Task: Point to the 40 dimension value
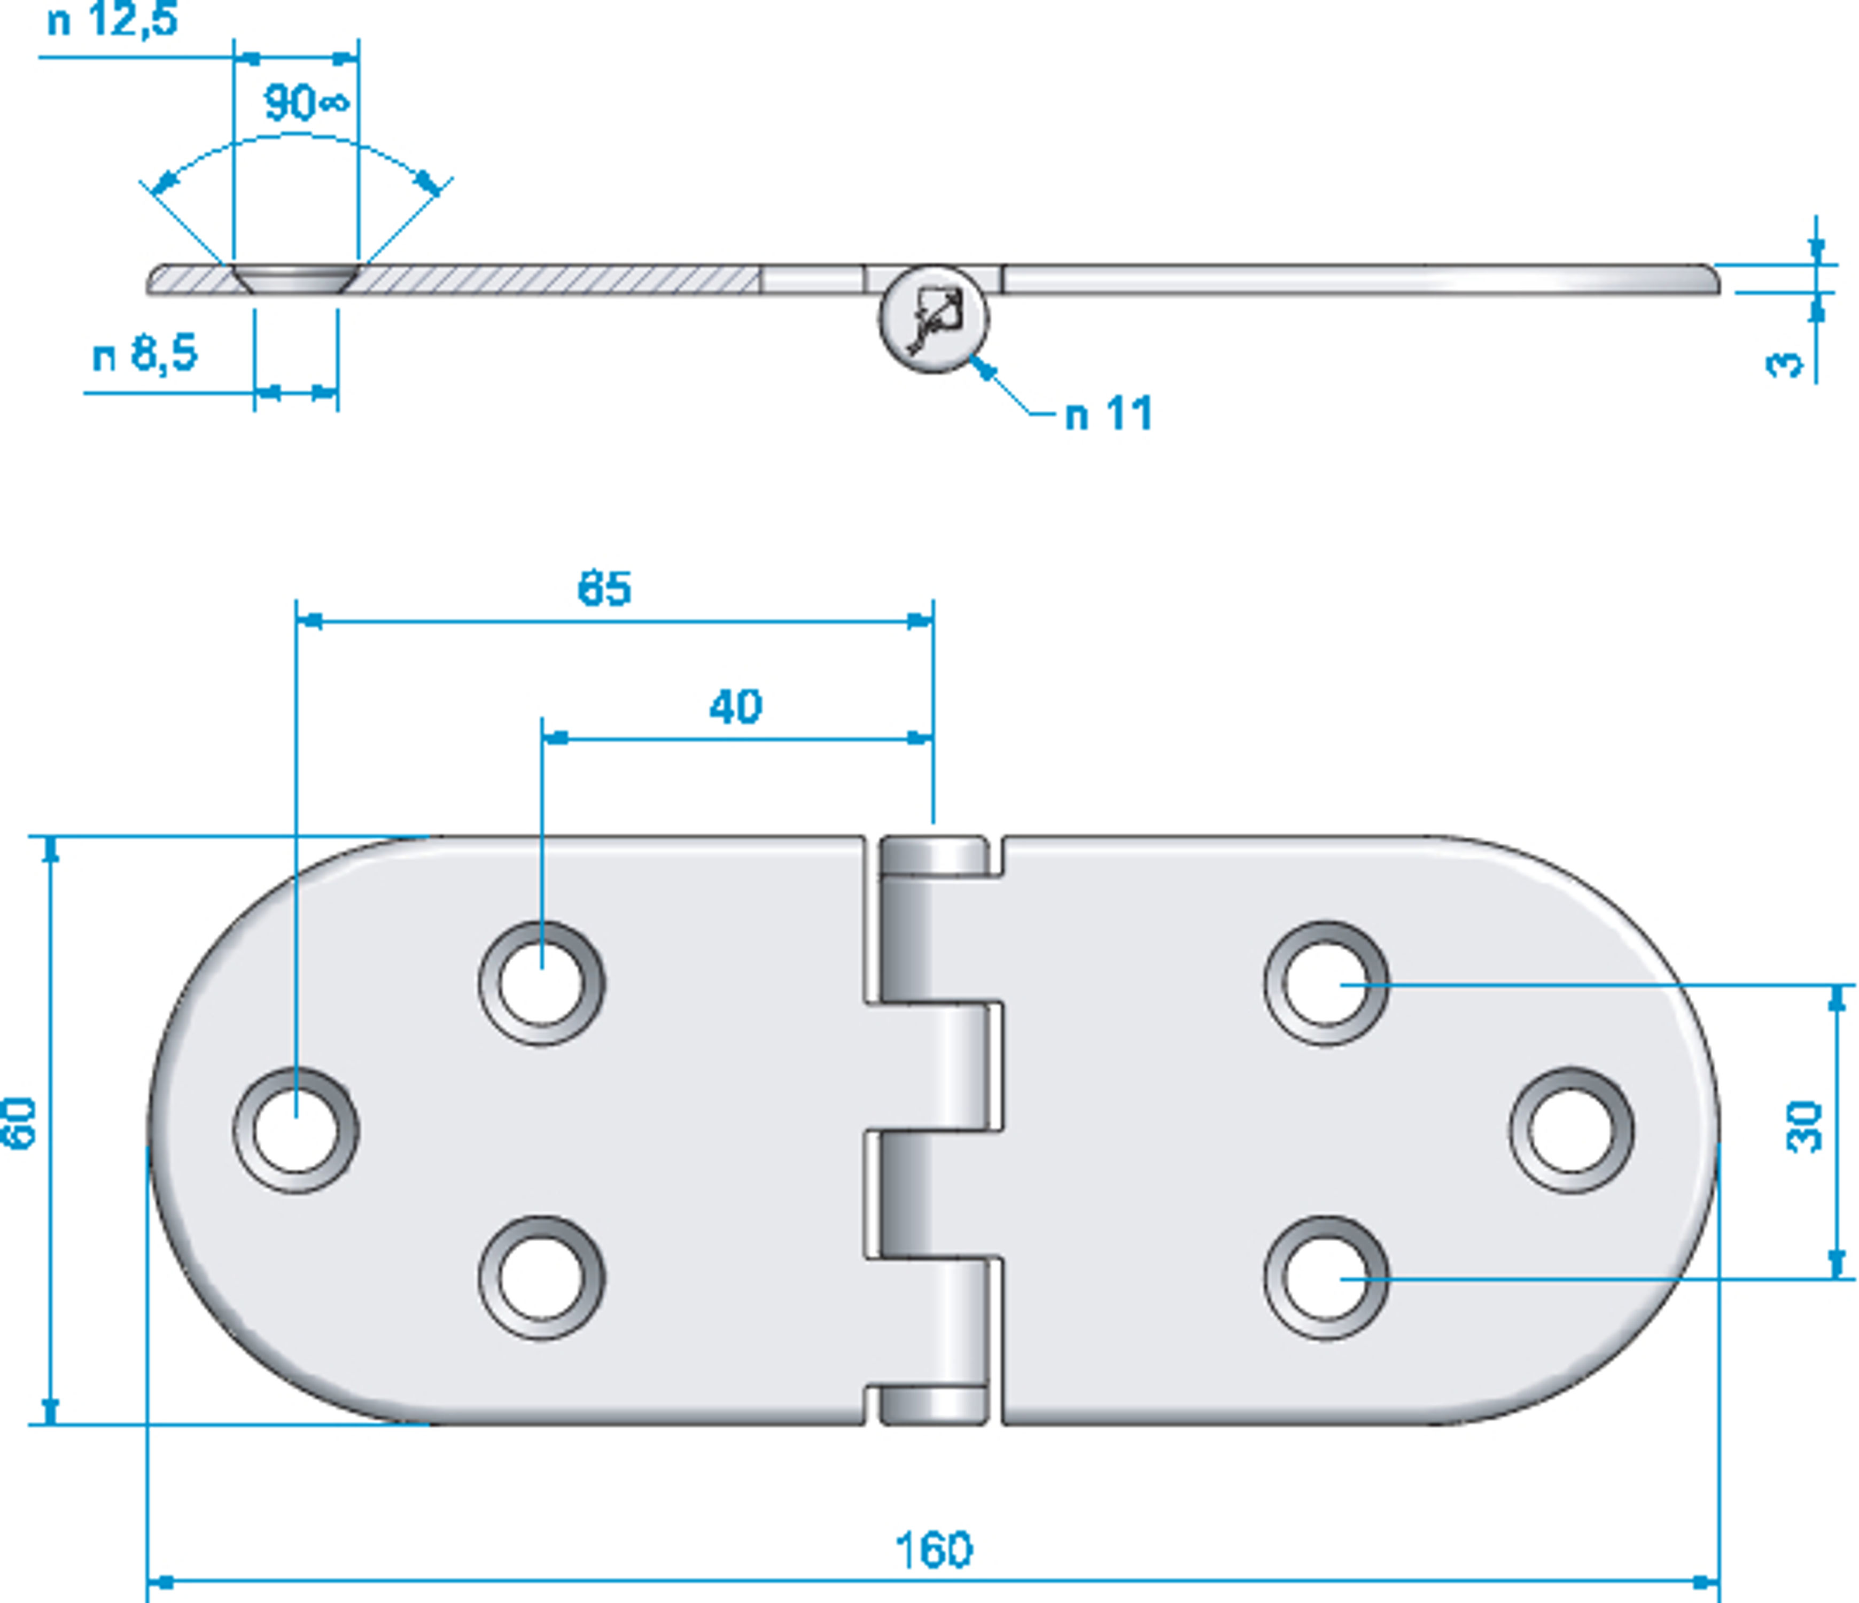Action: (736, 707)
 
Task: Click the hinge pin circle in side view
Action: (934, 318)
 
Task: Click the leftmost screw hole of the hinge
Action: (296, 1130)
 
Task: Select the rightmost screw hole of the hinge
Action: (1571, 1130)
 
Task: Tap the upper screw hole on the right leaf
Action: (1326, 983)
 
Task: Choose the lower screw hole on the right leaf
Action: (1326, 1278)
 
